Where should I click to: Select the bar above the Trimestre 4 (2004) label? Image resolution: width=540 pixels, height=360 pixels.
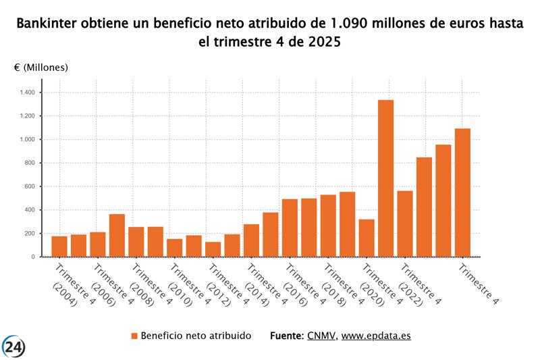pos(59,247)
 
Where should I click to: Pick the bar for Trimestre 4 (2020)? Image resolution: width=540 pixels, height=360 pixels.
pos(367,238)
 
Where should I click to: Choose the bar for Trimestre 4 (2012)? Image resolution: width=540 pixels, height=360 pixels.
pos(213,249)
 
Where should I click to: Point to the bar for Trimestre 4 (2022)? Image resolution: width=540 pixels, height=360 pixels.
pos(405,224)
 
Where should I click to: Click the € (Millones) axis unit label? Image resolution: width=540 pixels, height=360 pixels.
pos(40,68)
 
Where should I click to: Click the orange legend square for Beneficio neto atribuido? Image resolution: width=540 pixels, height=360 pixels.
pos(134,336)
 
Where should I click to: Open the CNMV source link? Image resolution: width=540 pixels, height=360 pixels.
pos(321,336)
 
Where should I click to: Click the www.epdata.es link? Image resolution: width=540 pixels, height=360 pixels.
pos(376,336)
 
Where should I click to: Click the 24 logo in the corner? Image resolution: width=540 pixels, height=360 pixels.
pos(14,347)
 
